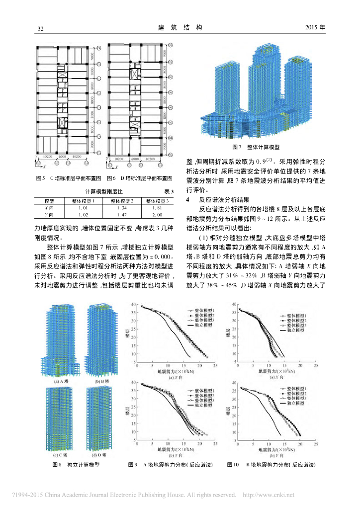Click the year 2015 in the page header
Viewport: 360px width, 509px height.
click(315, 28)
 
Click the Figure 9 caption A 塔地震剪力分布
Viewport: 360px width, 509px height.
click(171, 465)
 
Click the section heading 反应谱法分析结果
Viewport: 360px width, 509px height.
click(224, 199)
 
